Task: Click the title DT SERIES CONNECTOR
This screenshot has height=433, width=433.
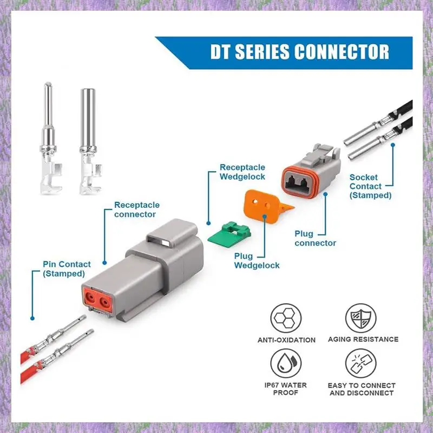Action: [299, 52]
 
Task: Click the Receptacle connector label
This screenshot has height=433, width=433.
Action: [136, 209]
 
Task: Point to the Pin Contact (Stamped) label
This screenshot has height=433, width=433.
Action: [67, 269]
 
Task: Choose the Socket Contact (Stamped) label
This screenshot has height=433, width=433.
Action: [370, 186]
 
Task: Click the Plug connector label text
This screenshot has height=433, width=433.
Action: [315, 238]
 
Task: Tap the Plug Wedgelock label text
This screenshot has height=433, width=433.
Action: [257, 261]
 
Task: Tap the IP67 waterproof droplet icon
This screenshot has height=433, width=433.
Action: [286, 364]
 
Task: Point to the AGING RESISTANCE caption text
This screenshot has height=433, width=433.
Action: [363, 339]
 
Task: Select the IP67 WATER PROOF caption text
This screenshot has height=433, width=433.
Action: [286, 389]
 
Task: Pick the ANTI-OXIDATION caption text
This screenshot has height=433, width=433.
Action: [286, 340]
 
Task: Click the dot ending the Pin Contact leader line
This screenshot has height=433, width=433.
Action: [33, 319]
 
